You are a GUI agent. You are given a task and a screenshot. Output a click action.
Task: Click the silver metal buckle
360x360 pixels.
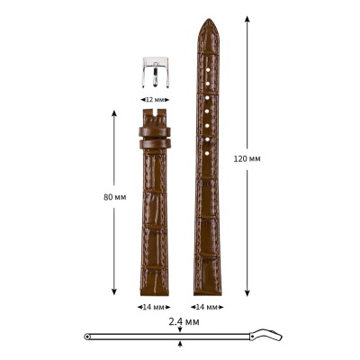(x=155, y=73)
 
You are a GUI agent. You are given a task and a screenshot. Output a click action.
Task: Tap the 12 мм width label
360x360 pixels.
(x=155, y=98)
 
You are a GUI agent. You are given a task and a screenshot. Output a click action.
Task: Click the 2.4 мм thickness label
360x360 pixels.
(x=183, y=320)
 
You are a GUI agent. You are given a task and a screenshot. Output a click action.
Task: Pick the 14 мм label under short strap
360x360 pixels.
(x=155, y=306)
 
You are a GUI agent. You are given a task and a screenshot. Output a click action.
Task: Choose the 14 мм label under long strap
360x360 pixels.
(x=208, y=306)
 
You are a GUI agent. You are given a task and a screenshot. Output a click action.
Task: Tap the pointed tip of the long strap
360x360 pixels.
(x=208, y=22)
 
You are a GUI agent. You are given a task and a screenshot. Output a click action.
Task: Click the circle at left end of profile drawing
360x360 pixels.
(x=88, y=337)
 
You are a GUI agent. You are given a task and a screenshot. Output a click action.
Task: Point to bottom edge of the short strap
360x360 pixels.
(x=155, y=294)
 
